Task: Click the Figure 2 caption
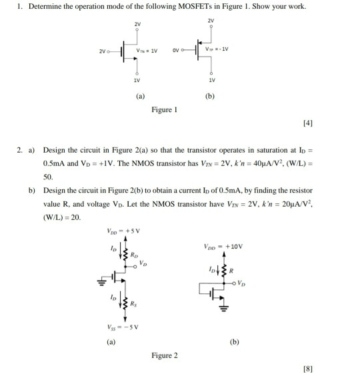165,355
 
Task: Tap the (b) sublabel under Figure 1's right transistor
210,95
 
